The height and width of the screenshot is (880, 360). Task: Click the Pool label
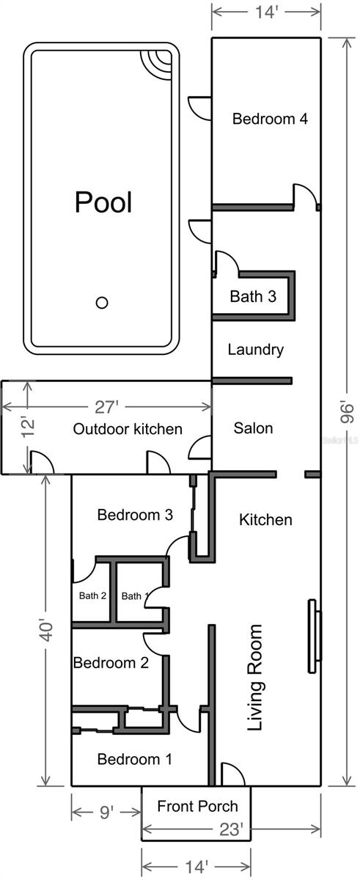[103, 202]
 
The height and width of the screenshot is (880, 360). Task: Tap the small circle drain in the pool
[103, 302]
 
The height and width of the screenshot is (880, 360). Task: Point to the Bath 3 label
[253, 297]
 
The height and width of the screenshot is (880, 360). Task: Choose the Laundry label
[255, 350]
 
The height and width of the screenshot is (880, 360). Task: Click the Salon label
[253, 428]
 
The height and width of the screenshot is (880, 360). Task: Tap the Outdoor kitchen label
[128, 429]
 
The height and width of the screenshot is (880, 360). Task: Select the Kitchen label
[265, 520]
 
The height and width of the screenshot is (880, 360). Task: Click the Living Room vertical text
[255, 678]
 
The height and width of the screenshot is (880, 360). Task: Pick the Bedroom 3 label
[135, 516]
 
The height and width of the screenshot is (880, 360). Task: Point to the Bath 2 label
[93, 596]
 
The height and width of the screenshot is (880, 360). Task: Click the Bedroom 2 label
[111, 663]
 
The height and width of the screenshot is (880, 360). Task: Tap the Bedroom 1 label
[135, 760]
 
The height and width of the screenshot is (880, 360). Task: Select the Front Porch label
[198, 807]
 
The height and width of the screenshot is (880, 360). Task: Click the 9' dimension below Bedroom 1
[106, 813]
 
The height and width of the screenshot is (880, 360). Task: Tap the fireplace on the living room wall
[315, 636]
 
